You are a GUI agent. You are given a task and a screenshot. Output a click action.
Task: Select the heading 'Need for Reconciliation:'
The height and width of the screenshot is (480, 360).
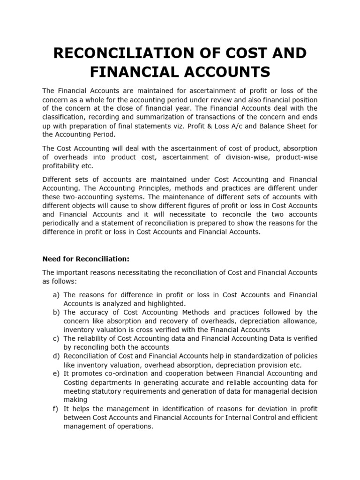[x=86, y=259]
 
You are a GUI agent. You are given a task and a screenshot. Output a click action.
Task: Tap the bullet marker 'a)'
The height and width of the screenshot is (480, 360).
[x=56, y=295]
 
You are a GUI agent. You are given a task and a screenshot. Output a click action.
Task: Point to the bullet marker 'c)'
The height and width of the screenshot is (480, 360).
[x=56, y=339]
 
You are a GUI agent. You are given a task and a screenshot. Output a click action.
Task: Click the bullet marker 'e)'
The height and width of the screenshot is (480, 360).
[x=56, y=374]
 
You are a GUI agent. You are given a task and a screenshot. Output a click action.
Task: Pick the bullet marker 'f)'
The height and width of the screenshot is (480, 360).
[x=56, y=409]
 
